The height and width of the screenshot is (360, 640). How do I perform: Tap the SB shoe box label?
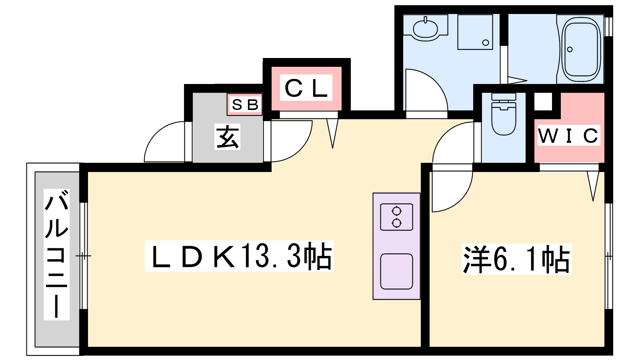[245, 105]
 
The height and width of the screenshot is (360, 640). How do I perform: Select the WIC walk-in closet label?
[568, 136]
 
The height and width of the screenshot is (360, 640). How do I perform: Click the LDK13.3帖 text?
[239, 256]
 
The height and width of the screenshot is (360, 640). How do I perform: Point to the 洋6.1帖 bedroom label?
[516, 260]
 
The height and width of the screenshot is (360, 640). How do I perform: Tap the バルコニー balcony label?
[56, 255]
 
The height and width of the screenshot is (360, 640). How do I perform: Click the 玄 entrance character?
[228, 137]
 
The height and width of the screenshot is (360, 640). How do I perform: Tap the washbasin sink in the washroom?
[425, 28]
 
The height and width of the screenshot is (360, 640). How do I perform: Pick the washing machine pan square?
[475, 32]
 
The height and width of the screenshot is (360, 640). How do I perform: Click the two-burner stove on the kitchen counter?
[396, 217]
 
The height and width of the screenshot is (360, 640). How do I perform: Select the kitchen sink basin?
[396, 271]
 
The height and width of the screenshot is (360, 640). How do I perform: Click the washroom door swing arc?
[426, 90]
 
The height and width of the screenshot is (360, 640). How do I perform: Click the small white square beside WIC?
[543, 101]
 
